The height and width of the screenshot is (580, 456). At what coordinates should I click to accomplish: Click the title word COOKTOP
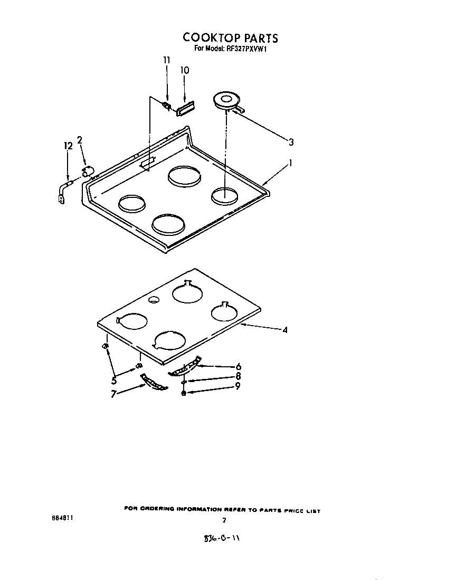(x=210, y=38)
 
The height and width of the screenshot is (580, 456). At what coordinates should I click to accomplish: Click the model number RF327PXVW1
(x=248, y=49)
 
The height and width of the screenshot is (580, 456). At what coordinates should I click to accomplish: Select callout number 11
(x=167, y=60)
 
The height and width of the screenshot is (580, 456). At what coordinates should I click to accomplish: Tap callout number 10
(x=185, y=70)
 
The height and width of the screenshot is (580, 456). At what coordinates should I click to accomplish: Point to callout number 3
(x=291, y=141)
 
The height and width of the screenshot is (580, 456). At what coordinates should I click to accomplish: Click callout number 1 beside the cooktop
(x=290, y=164)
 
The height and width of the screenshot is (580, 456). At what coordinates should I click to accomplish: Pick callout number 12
(x=67, y=146)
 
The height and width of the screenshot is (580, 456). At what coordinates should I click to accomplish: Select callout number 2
(x=80, y=140)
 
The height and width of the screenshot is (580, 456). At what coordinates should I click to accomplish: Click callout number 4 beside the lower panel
(x=284, y=330)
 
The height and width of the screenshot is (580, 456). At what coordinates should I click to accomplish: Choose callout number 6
(x=239, y=366)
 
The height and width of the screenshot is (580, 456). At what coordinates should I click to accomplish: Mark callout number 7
(x=113, y=394)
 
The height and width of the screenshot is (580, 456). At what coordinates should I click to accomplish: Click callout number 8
(x=238, y=376)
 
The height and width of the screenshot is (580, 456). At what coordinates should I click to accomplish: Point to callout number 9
(x=238, y=386)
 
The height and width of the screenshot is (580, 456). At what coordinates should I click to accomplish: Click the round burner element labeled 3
(x=226, y=100)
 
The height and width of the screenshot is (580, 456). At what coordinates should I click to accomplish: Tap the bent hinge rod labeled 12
(x=64, y=189)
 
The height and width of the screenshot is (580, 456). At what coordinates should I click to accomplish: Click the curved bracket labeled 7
(x=153, y=383)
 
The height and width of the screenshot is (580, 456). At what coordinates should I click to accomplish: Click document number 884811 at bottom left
(x=62, y=518)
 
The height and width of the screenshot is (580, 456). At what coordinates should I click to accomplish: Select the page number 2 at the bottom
(x=224, y=520)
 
